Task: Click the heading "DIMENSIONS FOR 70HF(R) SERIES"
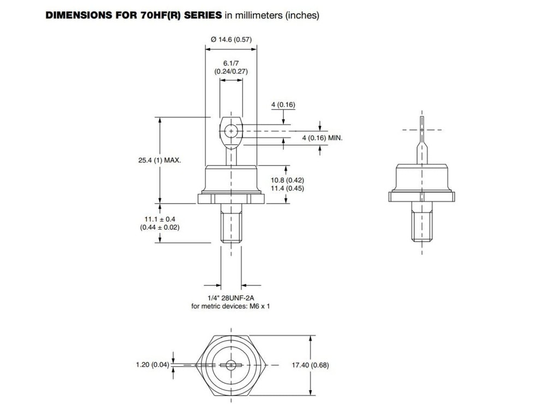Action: (x=134, y=15)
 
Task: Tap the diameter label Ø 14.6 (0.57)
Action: (x=231, y=39)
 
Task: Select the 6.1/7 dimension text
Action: (x=231, y=63)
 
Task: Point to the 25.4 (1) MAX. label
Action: (x=159, y=161)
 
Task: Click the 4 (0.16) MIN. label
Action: (x=322, y=138)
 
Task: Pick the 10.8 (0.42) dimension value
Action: (x=288, y=180)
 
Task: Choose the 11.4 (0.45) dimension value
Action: (x=288, y=188)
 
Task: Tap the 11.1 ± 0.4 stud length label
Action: (x=159, y=218)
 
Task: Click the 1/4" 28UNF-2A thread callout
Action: (x=231, y=298)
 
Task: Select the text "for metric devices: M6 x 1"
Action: (x=231, y=306)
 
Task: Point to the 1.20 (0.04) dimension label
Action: (x=153, y=365)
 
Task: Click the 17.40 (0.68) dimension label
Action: (x=311, y=365)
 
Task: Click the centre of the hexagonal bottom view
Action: (x=231, y=364)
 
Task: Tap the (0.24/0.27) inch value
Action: (x=231, y=72)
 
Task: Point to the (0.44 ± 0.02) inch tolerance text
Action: (x=159, y=227)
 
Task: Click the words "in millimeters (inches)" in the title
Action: (x=272, y=15)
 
